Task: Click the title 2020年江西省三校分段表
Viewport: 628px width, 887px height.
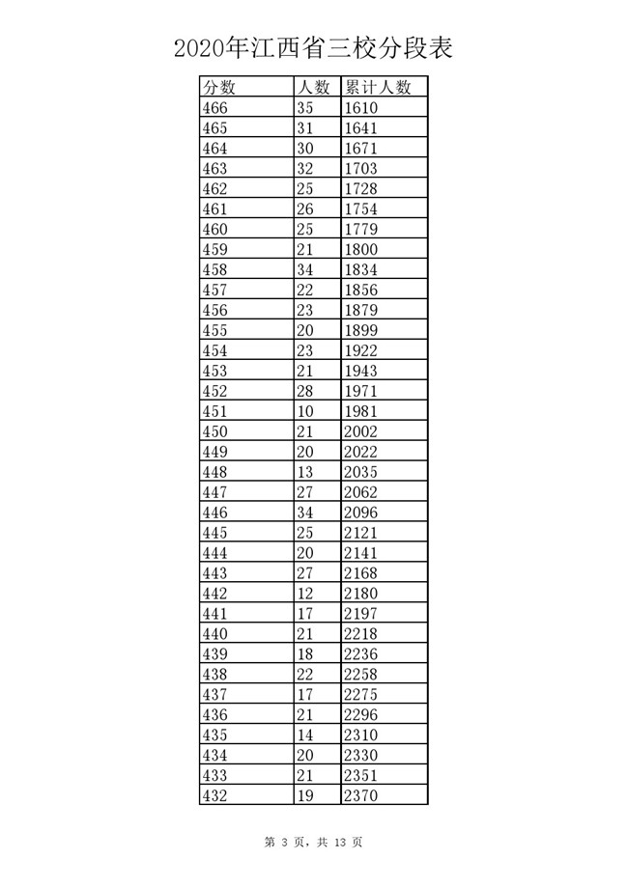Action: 314,47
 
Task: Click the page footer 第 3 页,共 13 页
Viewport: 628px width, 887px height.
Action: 314,842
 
